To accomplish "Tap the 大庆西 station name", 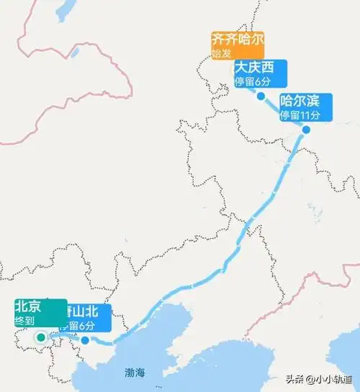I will coord(254,68).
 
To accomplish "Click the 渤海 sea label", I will coord(135,372).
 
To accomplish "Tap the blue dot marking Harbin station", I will coord(306,130).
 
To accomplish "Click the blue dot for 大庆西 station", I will coord(260,95).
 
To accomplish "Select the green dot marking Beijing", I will coord(41,337).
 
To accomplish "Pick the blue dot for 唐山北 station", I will coord(85,341).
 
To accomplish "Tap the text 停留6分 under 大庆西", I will coord(251,81).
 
